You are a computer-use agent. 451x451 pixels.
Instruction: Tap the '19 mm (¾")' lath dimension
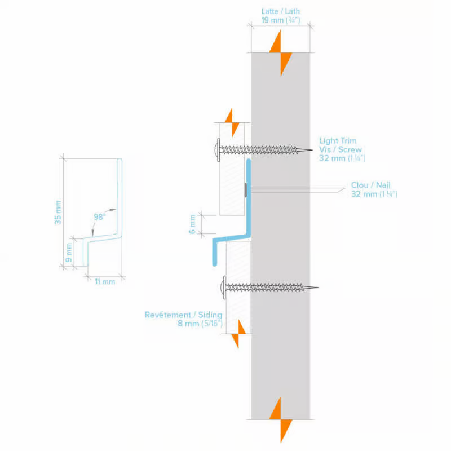[280, 20]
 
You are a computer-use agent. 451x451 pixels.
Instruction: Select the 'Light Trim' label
[338, 141]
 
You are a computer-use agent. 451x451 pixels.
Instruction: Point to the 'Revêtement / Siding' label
[183, 315]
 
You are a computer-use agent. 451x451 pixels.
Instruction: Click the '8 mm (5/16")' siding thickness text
[200, 324]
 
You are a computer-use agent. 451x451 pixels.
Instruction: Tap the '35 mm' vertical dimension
[58, 212]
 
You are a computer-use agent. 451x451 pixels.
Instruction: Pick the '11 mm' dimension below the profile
[105, 281]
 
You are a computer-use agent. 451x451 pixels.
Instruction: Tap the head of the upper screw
[217, 150]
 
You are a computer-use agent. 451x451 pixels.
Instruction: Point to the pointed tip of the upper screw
[311, 150]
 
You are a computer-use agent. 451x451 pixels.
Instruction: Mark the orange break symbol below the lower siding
[238, 333]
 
